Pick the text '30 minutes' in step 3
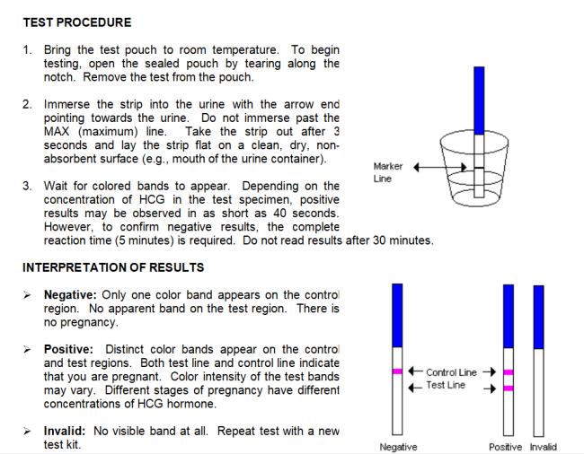tap(403, 241)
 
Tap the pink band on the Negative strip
tap(396, 371)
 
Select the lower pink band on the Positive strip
tap(508, 388)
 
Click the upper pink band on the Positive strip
tap(508, 371)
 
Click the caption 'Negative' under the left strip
tap(397, 447)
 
